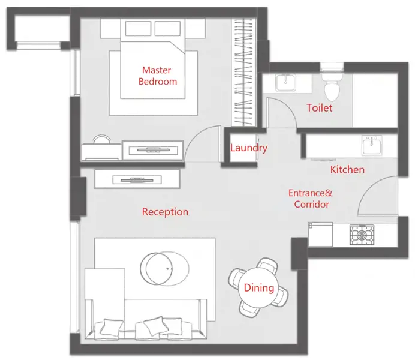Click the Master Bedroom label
click(x=158, y=76)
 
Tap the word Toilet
click(x=320, y=108)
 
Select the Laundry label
click(x=249, y=148)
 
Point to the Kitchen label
click(x=347, y=169)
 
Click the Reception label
click(x=165, y=212)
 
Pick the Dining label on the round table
click(x=259, y=288)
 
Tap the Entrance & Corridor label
click(x=311, y=199)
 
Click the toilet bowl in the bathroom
click(x=332, y=85)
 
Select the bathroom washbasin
click(x=285, y=83)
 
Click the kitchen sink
click(x=372, y=145)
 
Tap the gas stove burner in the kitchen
click(x=362, y=235)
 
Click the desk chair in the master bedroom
click(x=101, y=139)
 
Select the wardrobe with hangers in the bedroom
click(x=243, y=72)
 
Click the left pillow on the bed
click(x=138, y=29)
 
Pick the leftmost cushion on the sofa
click(x=111, y=328)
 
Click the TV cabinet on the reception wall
click(x=137, y=179)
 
